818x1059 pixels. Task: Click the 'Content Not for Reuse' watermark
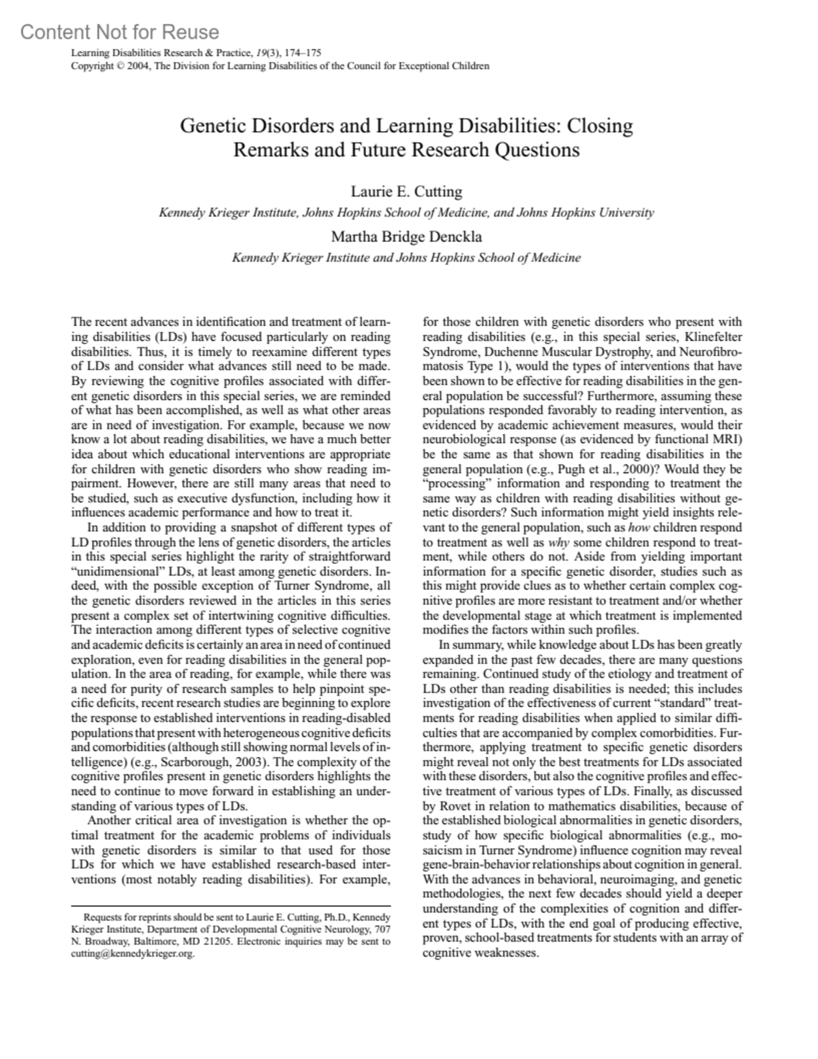[x=120, y=32]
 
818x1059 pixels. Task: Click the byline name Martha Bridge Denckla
[x=407, y=237]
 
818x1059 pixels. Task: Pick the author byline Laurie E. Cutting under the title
[x=407, y=192]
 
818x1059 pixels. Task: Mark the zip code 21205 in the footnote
[x=206, y=942]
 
